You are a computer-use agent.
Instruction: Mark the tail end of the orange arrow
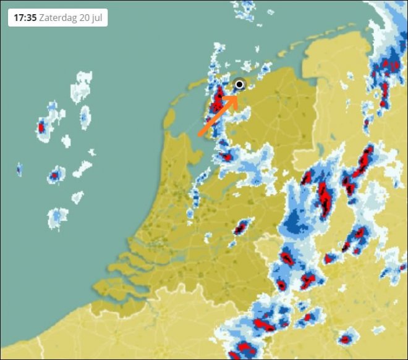pyautogui.click(x=200, y=134)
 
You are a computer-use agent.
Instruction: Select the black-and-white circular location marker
pyautogui.click(x=240, y=85)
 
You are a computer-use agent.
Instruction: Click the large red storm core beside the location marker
pyautogui.click(x=218, y=99)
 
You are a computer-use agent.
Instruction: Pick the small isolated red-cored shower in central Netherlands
pyautogui.click(x=240, y=228)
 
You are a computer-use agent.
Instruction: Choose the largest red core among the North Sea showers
pyautogui.click(x=41, y=128)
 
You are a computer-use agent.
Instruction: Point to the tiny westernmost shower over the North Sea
pyautogui.click(x=19, y=169)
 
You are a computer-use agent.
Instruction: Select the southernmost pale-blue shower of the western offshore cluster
pyautogui.click(x=57, y=216)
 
